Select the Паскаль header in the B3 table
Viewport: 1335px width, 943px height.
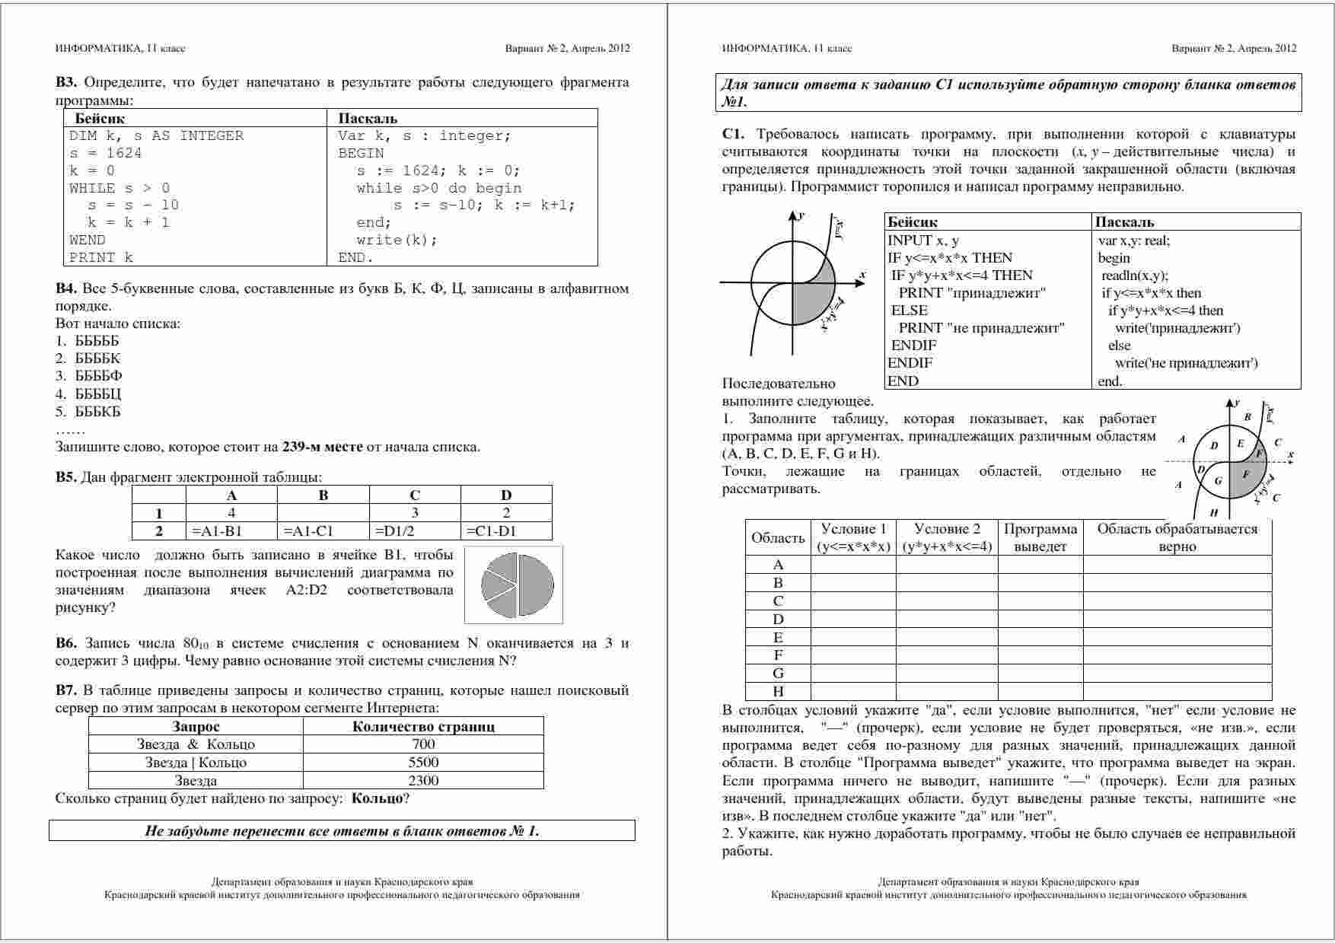[x=368, y=118]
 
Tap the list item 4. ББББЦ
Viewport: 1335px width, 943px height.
[x=88, y=393]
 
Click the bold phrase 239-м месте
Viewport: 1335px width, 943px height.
[x=322, y=447]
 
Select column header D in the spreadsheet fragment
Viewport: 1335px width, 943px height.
[x=506, y=495]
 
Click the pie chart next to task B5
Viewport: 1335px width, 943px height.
[x=515, y=585]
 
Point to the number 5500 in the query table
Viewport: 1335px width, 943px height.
[x=423, y=762]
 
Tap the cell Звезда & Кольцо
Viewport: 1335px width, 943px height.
[x=196, y=744]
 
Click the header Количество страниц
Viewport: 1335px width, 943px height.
[x=423, y=726]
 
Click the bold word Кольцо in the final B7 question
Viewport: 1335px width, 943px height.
[x=377, y=798]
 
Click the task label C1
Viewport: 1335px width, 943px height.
[x=733, y=135]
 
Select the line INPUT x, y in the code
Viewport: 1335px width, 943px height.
[x=923, y=241]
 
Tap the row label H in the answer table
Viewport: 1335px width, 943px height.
[x=778, y=691]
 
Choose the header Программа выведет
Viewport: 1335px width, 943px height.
[x=1040, y=537]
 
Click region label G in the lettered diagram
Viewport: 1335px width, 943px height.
[x=1218, y=481]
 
